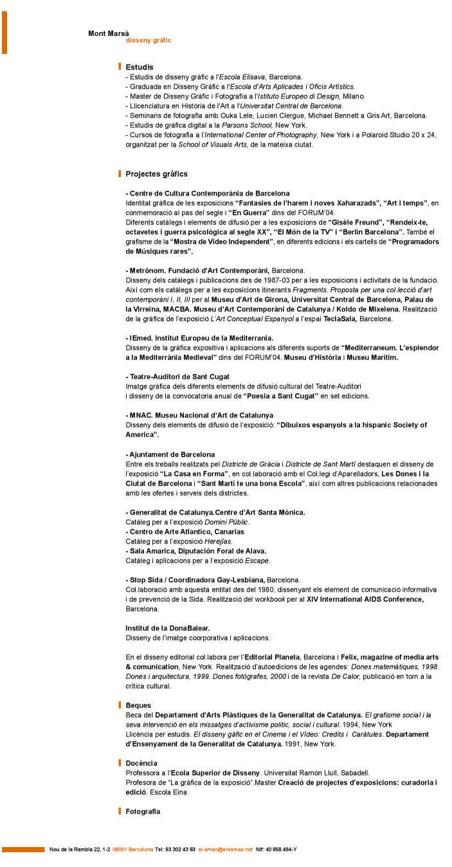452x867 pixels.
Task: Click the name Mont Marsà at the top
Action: click(109, 33)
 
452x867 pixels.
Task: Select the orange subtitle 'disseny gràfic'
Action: click(149, 41)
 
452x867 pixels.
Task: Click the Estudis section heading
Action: click(140, 67)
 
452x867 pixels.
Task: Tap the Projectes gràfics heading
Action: click(157, 174)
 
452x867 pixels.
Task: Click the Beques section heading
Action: click(138, 706)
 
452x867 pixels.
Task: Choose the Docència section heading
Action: click(141, 763)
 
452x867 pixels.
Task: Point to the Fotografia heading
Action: click(143, 811)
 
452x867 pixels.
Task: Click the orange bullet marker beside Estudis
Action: click(120, 67)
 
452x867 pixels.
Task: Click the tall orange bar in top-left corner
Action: click(4, 32)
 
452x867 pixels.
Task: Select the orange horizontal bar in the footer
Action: click(23, 850)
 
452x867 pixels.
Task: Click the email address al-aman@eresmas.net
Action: click(225, 850)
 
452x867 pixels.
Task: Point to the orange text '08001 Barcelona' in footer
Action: click(132, 850)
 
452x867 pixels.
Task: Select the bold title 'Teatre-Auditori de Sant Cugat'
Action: click(177, 376)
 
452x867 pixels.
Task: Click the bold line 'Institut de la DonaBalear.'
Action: click(167, 628)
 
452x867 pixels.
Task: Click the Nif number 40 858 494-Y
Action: click(282, 850)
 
